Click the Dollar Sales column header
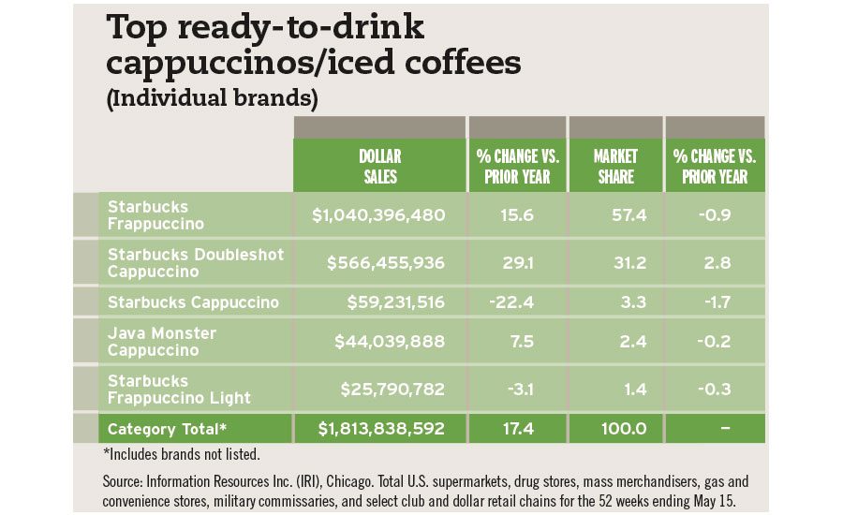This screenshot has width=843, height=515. point(378,166)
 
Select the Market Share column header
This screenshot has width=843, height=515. point(614,166)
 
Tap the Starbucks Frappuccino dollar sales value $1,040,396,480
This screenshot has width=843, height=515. point(378,215)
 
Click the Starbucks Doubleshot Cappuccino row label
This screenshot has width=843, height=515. point(195,263)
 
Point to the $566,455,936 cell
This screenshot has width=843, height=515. point(386,263)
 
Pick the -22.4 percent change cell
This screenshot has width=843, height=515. point(517,302)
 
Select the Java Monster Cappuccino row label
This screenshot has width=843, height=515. point(162,342)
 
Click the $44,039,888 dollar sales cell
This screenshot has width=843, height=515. point(390,342)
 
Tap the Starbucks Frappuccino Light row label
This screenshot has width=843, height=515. point(179,390)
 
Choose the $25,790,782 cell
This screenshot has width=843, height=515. point(390,390)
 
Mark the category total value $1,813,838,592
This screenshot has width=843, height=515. point(380,429)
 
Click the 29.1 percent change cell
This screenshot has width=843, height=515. point(517,263)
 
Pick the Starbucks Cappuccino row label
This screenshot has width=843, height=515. point(193,302)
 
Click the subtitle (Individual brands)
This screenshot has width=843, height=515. point(212,97)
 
